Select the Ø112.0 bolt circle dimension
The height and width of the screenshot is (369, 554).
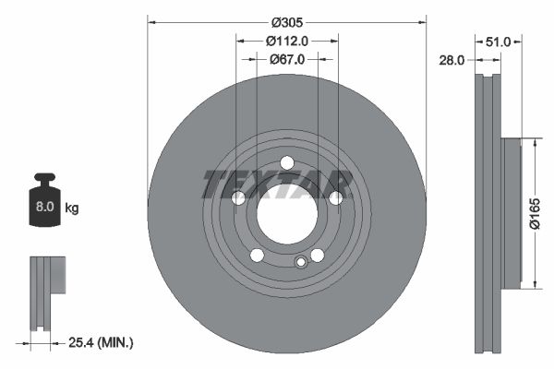(286, 41)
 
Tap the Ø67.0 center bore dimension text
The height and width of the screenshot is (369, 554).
(287, 59)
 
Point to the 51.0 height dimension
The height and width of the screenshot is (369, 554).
(499, 41)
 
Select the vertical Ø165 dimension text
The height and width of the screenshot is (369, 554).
(535, 213)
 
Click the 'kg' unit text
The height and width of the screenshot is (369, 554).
(72, 208)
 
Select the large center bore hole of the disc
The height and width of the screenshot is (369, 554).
(286, 221)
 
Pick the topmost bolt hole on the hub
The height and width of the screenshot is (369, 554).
(287, 163)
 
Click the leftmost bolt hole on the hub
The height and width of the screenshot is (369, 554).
(238, 198)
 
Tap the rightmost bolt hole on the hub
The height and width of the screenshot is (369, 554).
(336, 197)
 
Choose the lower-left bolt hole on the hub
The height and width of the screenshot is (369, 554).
(257, 256)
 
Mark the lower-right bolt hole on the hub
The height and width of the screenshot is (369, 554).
(317, 256)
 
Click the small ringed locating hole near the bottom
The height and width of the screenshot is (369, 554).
(300, 262)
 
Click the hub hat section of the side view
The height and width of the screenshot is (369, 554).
(512, 212)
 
